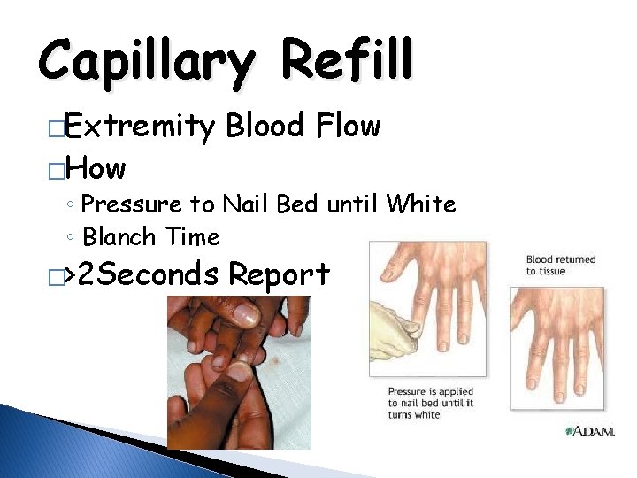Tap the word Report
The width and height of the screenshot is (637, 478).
click(279, 274)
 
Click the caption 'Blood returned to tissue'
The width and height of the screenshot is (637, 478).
click(561, 266)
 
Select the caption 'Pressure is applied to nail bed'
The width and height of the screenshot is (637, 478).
click(431, 403)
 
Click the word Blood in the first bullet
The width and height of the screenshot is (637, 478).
click(264, 127)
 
